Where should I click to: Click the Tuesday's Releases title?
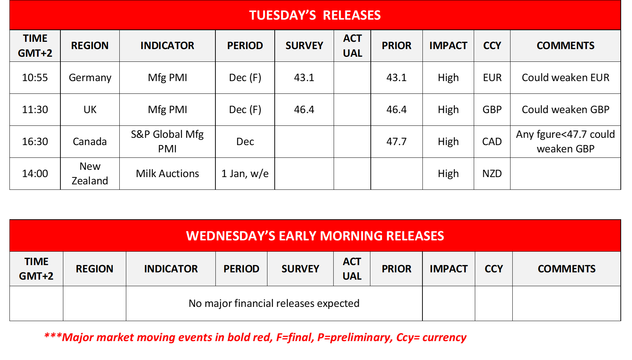click(315, 15)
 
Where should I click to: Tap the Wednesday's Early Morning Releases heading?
click(315, 236)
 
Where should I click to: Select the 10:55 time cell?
click(35, 77)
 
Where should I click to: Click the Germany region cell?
click(90, 78)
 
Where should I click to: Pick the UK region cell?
click(90, 109)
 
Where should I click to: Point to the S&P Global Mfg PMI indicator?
click(167, 141)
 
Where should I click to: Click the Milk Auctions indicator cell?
click(167, 173)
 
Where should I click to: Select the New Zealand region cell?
click(90, 173)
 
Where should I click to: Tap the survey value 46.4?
click(304, 109)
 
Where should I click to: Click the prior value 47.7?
click(397, 141)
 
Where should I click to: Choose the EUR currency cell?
click(492, 77)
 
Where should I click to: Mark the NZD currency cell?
click(492, 173)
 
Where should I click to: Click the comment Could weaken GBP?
click(565, 109)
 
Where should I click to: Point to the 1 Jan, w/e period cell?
click(245, 173)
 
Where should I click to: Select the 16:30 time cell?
click(35, 141)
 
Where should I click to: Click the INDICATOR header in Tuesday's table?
click(167, 45)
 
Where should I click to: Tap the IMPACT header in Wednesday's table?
click(449, 269)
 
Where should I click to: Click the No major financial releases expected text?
click(274, 303)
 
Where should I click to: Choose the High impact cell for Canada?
click(448, 142)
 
